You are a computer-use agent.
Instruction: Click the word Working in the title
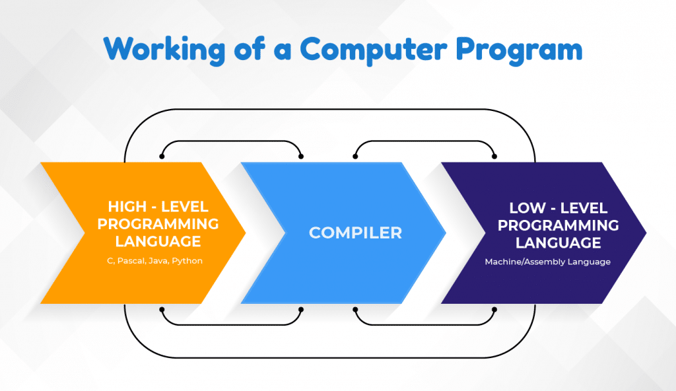[164, 49]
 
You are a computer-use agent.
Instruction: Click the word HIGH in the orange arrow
[127, 207]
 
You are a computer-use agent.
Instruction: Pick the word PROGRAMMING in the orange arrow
[158, 224]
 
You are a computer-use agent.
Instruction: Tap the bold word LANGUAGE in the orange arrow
[158, 241]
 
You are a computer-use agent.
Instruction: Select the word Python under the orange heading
[187, 261]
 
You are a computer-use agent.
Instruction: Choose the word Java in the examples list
[158, 261]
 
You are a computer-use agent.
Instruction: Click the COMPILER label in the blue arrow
[355, 233]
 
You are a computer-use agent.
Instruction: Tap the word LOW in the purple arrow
[527, 208]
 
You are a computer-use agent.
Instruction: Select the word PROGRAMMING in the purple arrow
[558, 225]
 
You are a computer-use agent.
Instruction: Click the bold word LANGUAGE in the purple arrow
[558, 242]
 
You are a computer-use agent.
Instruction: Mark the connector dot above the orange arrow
[162, 157]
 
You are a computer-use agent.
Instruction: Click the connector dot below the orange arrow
[162, 310]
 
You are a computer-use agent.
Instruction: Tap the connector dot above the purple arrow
[494, 157]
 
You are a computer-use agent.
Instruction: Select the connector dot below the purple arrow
[494, 310]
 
